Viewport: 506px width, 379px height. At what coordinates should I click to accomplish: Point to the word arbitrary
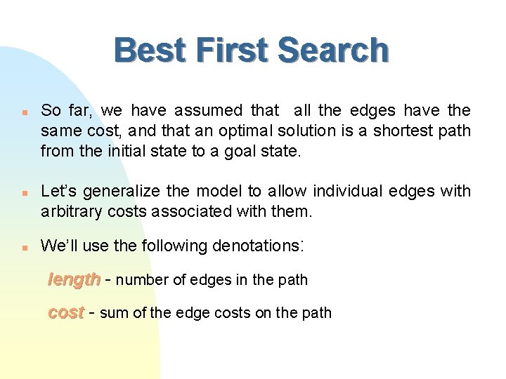pyautogui.click(x=69, y=211)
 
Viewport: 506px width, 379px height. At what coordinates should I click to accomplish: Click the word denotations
pyautogui.click(x=257, y=246)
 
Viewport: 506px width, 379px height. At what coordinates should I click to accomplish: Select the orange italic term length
pyautogui.click(x=73, y=279)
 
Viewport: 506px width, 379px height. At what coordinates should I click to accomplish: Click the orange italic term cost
pyautogui.click(x=65, y=312)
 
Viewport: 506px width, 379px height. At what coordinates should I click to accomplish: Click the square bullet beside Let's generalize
pyautogui.click(x=24, y=192)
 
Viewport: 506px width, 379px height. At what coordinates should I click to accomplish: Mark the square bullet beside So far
pyautogui.click(x=24, y=111)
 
